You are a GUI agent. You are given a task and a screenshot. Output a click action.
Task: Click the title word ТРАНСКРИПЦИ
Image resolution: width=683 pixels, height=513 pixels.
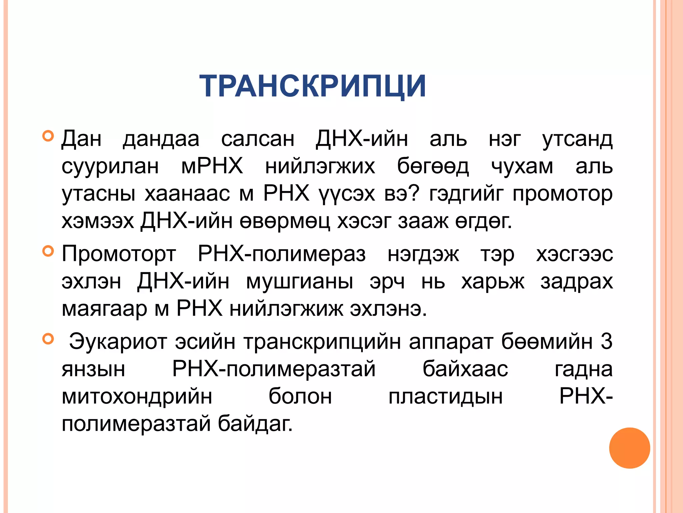click(x=312, y=86)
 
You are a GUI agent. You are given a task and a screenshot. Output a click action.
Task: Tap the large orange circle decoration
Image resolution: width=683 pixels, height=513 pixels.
click(x=629, y=448)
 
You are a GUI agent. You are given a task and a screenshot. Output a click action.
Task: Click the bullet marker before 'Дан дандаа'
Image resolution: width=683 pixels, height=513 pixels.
click(x=48, y=136)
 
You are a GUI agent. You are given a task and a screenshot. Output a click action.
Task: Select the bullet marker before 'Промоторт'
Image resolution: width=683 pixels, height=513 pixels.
click(x=48, y=251)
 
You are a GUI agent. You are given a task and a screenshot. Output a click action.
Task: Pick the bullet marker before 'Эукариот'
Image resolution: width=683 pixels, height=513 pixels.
click(x=48, y=339)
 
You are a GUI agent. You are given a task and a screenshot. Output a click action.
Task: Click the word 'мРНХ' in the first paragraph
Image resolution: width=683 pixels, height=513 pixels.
click(x=212, y=166)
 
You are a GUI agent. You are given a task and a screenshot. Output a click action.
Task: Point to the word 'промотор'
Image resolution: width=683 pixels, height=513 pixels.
click(x=563, y=194)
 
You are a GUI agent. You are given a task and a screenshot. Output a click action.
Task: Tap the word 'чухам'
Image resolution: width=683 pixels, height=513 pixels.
click(x=522, y=166)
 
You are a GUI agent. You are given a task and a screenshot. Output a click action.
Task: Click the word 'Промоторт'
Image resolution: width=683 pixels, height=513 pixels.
click(x=119, y=254)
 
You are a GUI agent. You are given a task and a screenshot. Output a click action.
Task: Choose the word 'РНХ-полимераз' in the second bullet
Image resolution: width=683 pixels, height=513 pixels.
click(x=282, y=254)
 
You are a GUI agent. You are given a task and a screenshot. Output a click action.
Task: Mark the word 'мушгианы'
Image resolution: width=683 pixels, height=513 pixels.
click(x=299, y=281)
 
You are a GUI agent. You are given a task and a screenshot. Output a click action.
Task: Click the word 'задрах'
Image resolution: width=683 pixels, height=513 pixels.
click(x=577, y=281)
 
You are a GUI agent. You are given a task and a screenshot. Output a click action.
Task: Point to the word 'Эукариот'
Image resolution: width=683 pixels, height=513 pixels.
click(x=118, y=342)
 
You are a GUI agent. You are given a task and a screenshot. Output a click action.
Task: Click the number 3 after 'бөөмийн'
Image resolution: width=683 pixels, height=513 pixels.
click(x=606, y=342)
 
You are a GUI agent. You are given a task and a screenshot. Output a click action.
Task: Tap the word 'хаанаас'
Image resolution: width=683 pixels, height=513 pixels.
click(x=187, y=194)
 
